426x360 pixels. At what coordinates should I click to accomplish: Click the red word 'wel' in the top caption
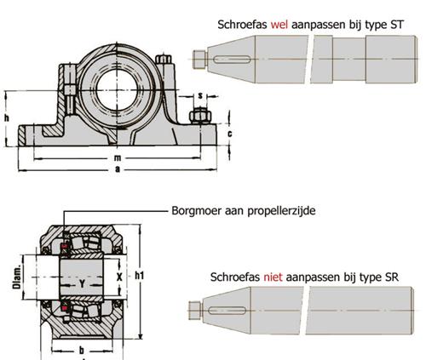(x=279, y=25)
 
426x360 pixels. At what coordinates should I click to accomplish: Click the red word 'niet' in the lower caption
(x=273, y=277)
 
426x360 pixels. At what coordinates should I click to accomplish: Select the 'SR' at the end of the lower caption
(x=392, y=277)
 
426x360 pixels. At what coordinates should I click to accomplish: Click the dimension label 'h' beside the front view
(x=7, y=117)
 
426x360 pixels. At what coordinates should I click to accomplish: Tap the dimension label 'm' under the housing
(x=118, y=157)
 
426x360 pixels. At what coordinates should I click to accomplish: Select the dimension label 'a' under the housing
(x=118, y=169)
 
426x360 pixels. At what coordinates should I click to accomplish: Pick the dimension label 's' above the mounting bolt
(x=200, y=96)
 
